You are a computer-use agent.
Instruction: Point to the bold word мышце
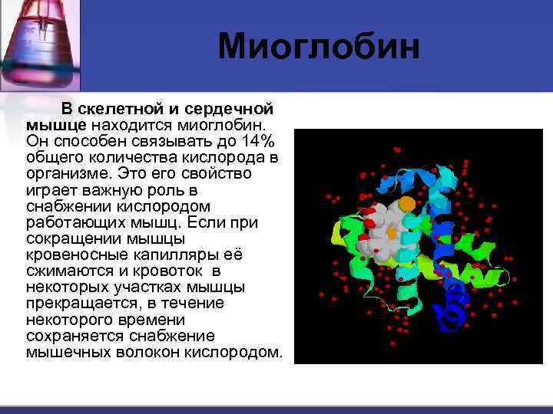pyautogui.click(x=57, y=125)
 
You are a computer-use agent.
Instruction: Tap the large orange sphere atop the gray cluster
pyautogui.click(x=406, y=203)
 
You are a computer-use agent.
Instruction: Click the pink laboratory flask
pyautogui.click(x=38, y=38)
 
